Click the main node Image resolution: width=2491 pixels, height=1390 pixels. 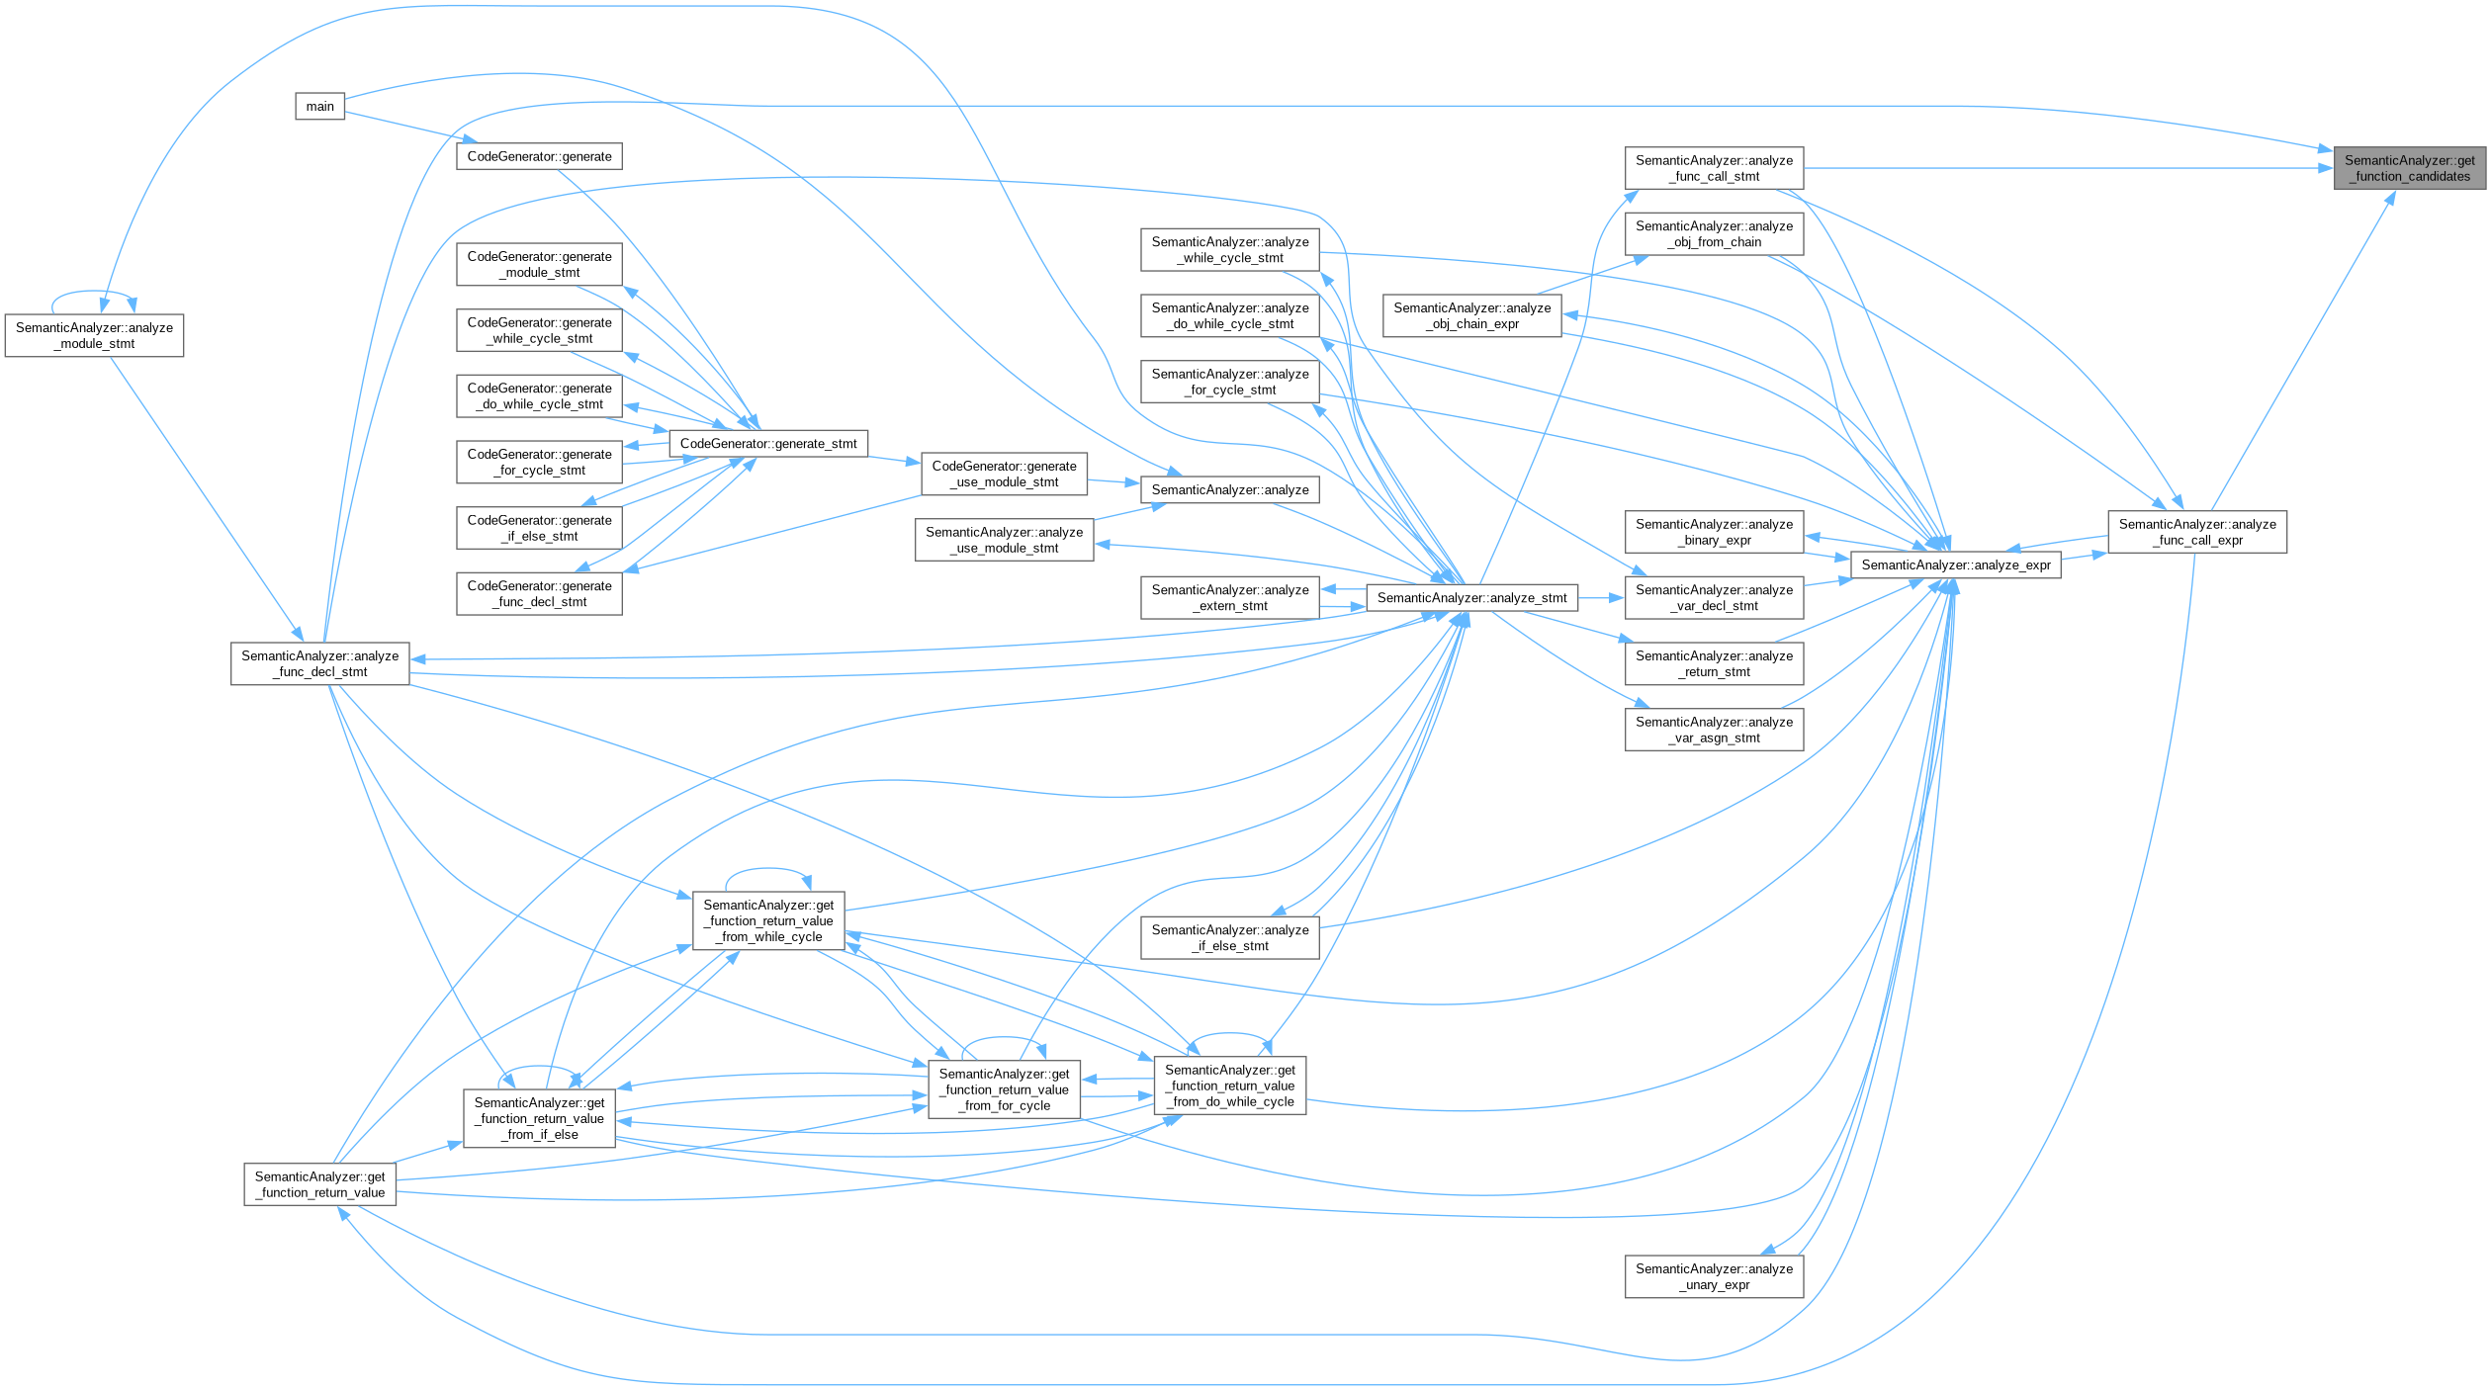(x=319, y=107)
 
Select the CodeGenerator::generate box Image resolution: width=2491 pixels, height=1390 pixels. (x=539, y=156)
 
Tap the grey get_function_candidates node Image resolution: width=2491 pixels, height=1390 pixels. (x=2409, y=168)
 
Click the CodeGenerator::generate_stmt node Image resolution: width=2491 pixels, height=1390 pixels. (x=768, y=444)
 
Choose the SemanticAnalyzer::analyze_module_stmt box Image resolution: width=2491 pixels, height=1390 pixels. (x=94, y=336)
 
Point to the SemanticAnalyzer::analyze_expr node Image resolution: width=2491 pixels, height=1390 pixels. (x=1955, y=565)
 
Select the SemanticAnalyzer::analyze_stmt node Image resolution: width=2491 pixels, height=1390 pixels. (x=1471, y=598)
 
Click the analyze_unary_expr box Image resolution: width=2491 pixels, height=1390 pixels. (x=1714, y=1276)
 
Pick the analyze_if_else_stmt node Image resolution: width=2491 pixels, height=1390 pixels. (x=1229, y=937)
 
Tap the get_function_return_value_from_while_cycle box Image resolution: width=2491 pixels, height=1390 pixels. (x=768, y=920)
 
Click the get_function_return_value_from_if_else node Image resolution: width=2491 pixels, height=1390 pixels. (x=539, y=1118)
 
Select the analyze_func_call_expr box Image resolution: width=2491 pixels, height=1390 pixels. (x=2196, y=532)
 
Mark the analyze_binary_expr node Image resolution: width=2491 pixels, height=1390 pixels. (x=1714, y=532)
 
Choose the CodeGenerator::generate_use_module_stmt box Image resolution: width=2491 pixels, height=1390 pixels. (x=1004, y=474)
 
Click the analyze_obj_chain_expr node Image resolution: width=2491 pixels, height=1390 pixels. (x=1471, y=315)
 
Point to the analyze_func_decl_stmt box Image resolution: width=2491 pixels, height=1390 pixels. (x=319, y=663)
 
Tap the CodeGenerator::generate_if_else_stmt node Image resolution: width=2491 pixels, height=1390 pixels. (x=539, y=528)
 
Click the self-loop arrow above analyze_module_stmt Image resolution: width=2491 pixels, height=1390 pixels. (x=94, y=293)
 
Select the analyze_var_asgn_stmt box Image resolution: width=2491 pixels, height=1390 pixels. (x=1714, y=730)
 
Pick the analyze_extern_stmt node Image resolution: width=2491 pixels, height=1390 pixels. (x=1229, y=598)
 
